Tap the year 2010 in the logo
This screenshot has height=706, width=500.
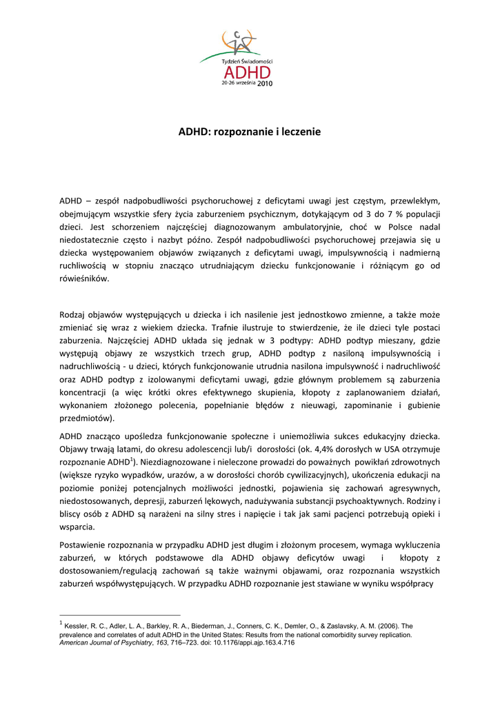[x=265, y=83]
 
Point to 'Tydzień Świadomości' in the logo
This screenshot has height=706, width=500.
[x=248, y=61]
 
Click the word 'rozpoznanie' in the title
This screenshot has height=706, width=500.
[x=245, y=130]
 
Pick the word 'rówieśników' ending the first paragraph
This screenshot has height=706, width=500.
[x=84, y=279]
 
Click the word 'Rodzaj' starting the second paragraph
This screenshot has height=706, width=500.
[x=73, y=314]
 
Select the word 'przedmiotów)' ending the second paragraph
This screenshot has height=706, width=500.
[x=88, y=418]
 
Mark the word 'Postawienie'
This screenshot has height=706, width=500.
[x=86, y=545]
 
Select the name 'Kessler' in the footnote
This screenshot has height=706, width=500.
[x=77, y=626]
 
